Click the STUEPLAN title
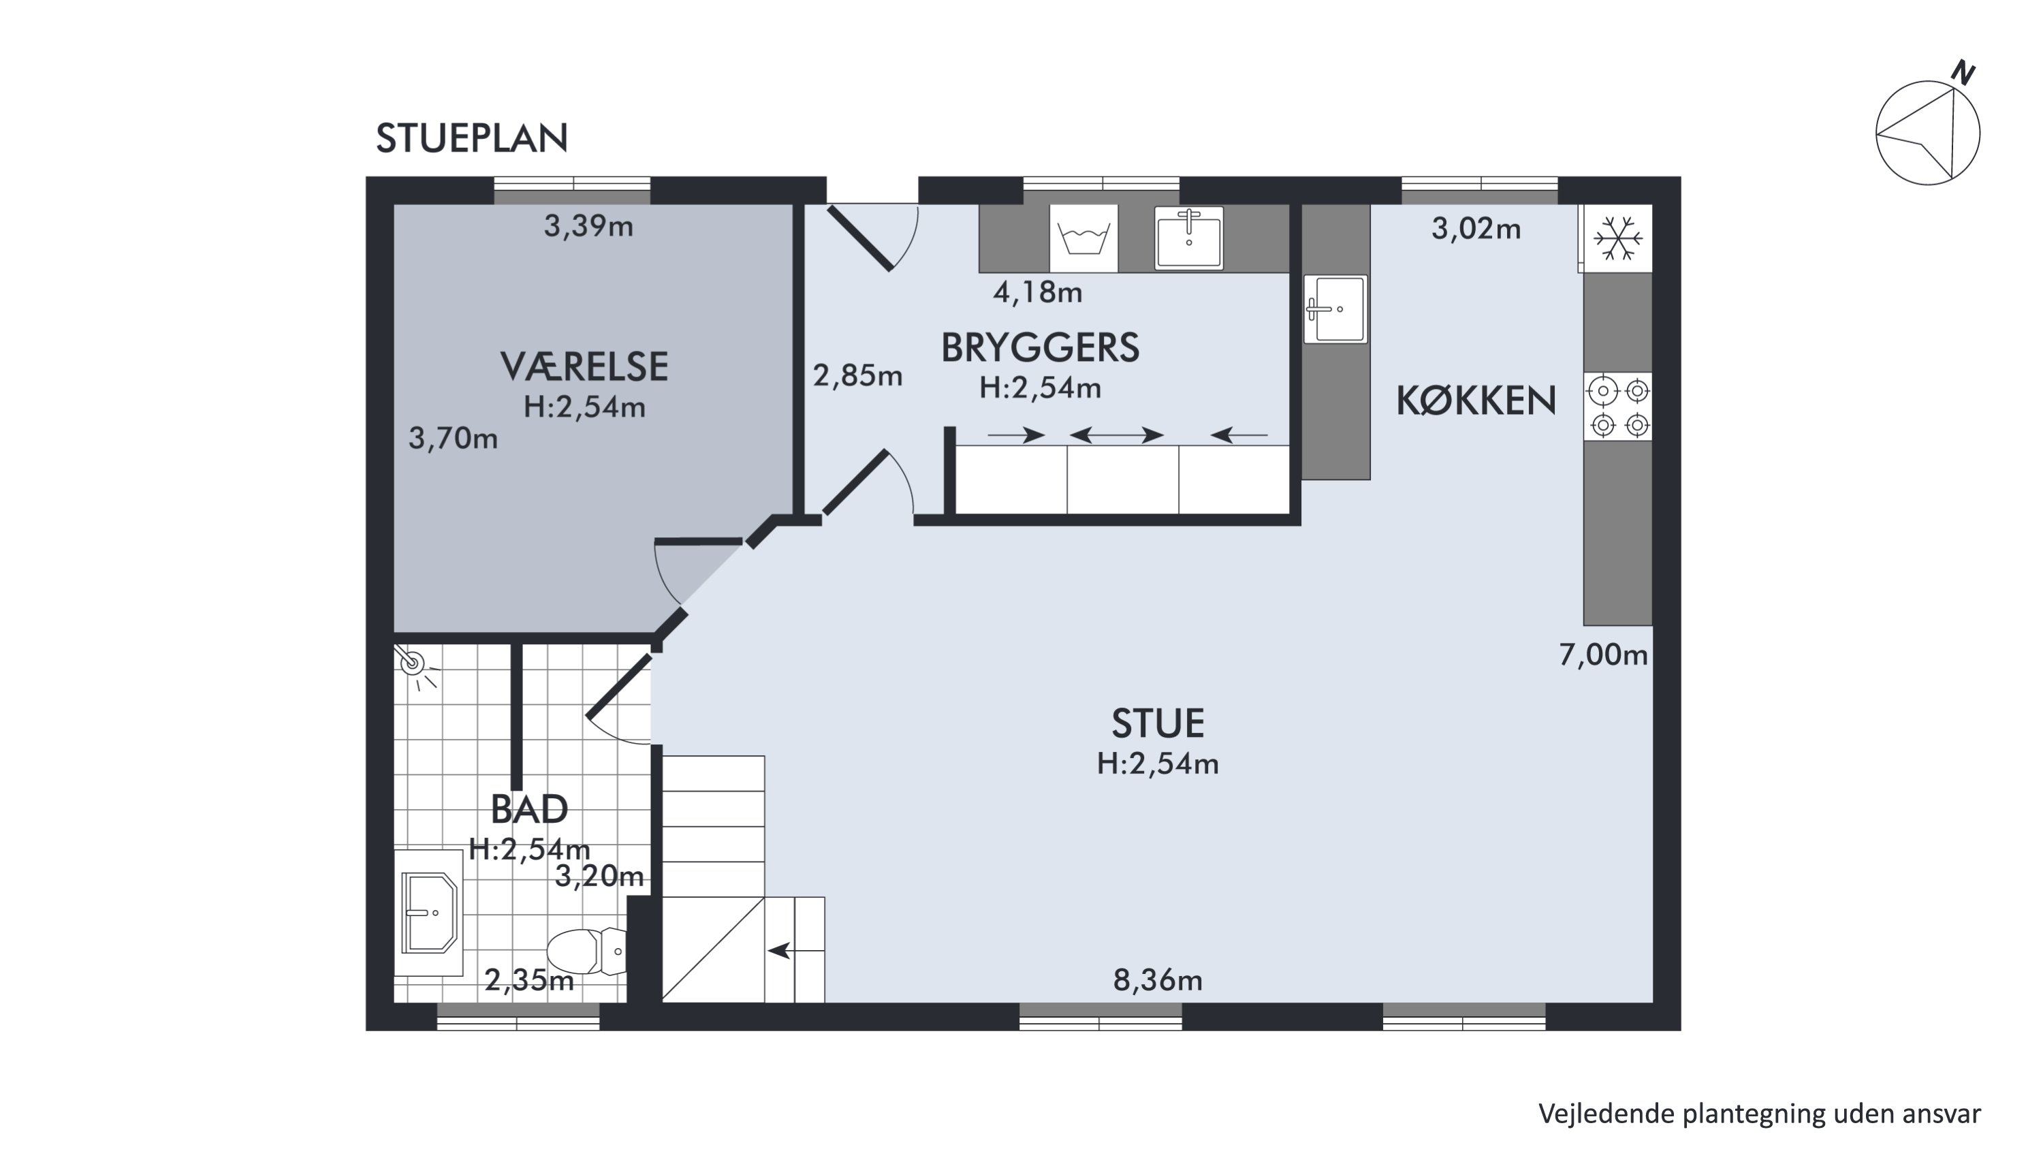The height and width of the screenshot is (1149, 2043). point(472,139)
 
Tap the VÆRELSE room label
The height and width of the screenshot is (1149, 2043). point(584,367)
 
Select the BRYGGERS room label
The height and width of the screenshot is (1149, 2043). point(1040,348)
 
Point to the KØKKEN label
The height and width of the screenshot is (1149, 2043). point(1476,401)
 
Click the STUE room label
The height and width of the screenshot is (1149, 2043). point(1158,724)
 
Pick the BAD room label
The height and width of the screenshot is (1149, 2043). point(529,810)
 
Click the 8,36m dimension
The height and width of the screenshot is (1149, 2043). point(1158,981)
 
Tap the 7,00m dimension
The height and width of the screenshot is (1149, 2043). point(1604,655)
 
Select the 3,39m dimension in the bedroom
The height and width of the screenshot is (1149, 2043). point(588,227)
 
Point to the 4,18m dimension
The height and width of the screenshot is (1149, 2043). point(1037,293)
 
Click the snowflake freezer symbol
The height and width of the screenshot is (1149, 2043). point(1618,238)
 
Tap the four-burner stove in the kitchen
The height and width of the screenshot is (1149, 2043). point(1619,407)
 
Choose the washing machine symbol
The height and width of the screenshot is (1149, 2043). point(1083,238)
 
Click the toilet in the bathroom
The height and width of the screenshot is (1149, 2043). point(587,951)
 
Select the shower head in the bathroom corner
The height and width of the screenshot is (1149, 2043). point(413,663)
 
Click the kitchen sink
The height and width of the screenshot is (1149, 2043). point(1335,309)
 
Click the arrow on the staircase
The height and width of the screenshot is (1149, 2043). point(780,950)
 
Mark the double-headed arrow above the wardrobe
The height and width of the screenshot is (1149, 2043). point(1117,435)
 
